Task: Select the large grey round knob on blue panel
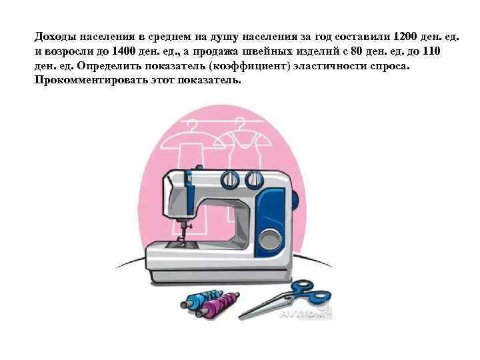(x=269, y=239)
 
